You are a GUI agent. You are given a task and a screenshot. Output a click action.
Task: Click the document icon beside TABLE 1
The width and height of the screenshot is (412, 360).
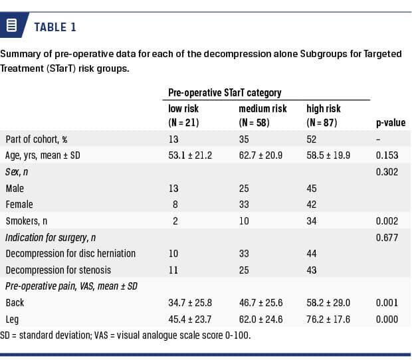point(11,27)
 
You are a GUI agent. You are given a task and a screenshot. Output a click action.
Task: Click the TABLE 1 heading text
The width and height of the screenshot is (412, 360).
point(55,27)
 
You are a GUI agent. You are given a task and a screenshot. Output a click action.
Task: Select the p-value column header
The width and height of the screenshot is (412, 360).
point(390,123)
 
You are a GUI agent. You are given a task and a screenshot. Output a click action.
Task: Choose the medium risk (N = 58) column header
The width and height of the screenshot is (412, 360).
point(262,116)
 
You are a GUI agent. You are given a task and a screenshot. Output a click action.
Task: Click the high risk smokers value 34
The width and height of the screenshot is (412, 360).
point(312,221)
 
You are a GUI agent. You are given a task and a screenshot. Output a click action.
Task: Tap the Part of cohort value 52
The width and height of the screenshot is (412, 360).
point(312,139)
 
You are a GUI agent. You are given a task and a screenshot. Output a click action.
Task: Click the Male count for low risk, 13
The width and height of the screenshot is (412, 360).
point(173,189)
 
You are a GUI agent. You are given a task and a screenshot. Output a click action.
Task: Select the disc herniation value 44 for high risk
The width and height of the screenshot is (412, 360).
point(312,253)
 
